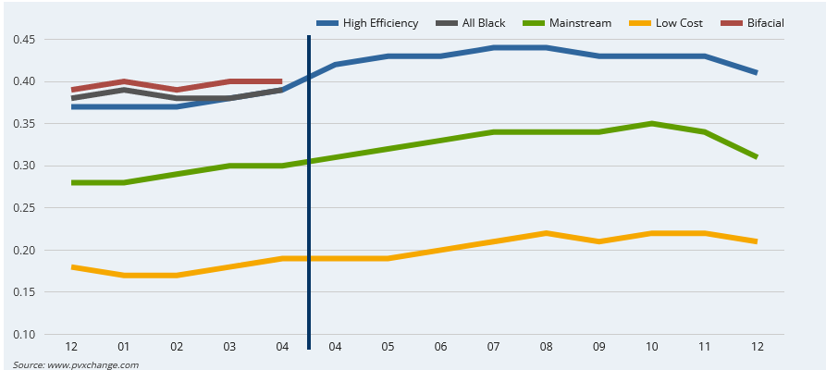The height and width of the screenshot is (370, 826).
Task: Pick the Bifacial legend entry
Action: point(766,22)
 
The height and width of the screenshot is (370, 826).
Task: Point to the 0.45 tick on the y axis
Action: point(24,40)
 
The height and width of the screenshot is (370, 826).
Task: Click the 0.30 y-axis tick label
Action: point(24,166)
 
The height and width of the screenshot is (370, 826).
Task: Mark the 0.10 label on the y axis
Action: point(24,335)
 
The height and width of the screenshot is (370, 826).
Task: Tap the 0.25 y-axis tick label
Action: point(24,208)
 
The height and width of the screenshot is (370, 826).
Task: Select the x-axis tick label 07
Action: point(493,347)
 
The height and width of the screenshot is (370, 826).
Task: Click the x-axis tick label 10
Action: point(651,347)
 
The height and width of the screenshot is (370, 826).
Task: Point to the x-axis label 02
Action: point(177,347)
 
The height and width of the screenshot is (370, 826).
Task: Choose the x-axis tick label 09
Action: point(598,347)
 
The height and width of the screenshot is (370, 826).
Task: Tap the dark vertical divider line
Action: point(308,185)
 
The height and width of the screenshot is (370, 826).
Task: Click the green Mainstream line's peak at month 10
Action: point(651,123)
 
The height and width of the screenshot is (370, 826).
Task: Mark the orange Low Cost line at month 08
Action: point(546,233)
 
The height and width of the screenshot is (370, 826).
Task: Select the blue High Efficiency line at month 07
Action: point(493,47)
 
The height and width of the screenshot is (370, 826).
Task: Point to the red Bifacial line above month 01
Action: point(124,81)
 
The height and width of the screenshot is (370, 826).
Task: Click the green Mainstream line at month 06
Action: point(440,141)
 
